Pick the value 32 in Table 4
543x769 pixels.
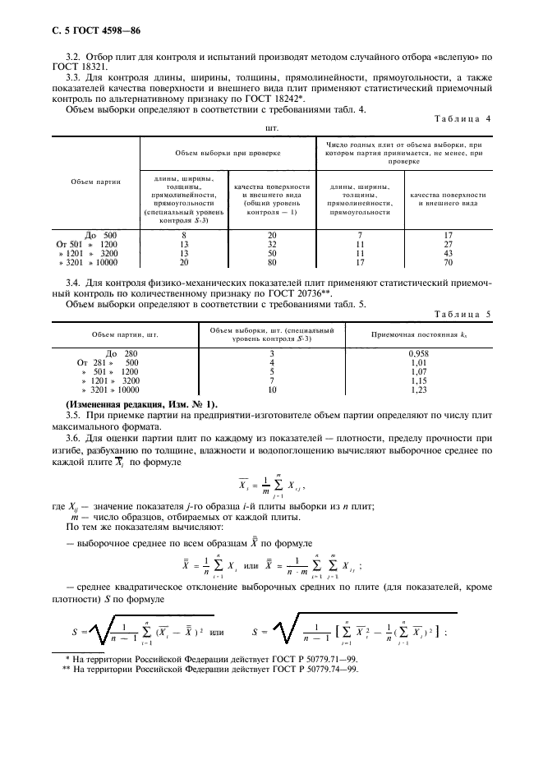click(272, 245)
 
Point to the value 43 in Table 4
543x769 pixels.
click(448, 254)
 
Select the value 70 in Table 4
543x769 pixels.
click(448, 264)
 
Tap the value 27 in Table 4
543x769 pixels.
click(448, 245)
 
